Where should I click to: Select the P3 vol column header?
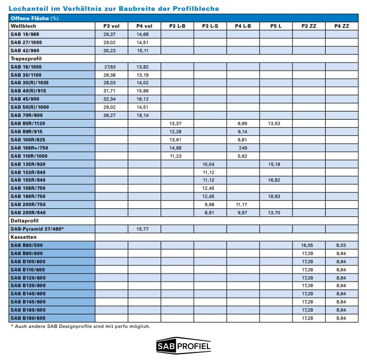click(111, 26)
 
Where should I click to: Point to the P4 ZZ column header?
click(342, 26)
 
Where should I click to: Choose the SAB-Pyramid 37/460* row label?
click(36, 229)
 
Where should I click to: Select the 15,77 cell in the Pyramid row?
click(144, 229)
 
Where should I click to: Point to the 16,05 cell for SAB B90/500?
click(309, 245)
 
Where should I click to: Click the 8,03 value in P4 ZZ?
click(342, 245)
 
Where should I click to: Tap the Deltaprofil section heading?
click(25, 221)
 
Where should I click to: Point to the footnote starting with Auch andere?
click(80, 326)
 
